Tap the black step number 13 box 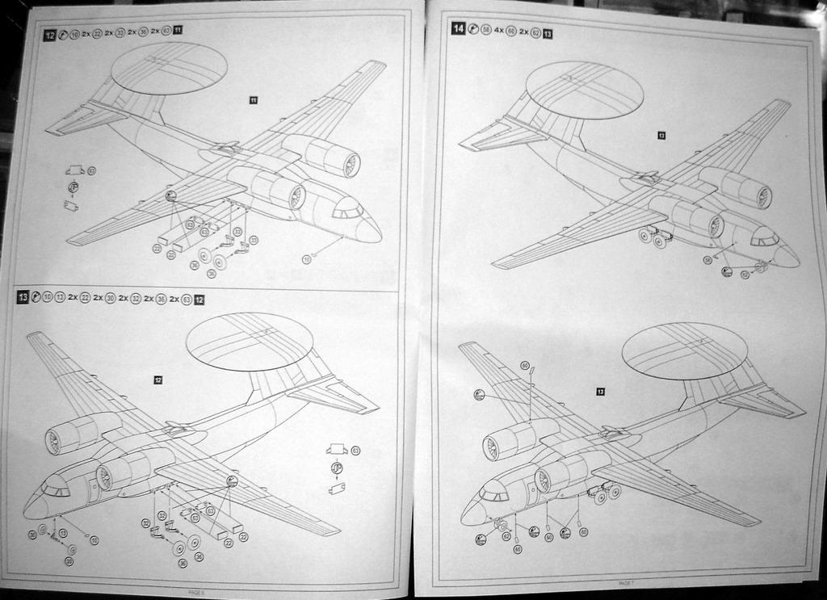[23, 298]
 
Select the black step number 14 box [458, 28]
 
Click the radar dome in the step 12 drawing [169, 67]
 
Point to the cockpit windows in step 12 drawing [348, 211]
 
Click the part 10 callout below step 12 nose [307, 258]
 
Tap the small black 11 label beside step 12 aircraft [253, 100]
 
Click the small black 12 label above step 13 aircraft [157, 380]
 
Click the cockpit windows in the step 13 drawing [56, 489]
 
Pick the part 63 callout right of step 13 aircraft [355, 450]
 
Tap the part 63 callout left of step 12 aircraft [91, 170]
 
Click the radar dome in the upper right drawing [584, 90]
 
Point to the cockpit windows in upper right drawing [764, 239]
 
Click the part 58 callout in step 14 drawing [707, 260]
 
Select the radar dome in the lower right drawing [685, 350]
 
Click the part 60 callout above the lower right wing [525, 366]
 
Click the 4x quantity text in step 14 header [499, 30]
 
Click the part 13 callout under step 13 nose [63, 533]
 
